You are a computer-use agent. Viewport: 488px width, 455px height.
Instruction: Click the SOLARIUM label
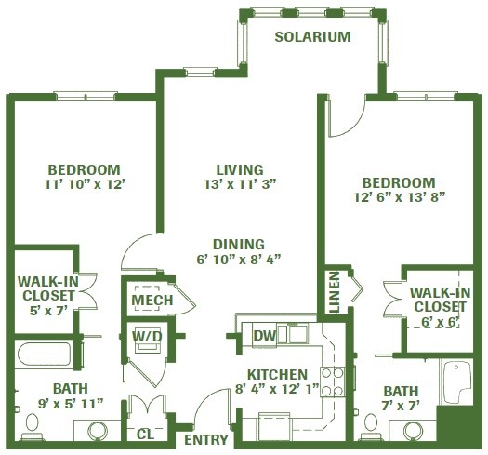click(x=312, y=37)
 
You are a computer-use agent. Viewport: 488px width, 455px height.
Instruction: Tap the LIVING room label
click(x=240, y=170)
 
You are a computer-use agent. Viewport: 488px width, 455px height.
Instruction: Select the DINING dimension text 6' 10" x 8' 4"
click(x=239, y=259)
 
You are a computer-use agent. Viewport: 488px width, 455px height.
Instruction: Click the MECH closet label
click(x=152, y=301)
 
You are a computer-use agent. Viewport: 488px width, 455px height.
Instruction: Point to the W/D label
click(x=147, y=336)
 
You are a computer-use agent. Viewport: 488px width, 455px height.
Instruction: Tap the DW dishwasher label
click(x=265, y=336)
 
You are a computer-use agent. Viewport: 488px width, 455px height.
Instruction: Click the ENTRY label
click(x=206, y=440)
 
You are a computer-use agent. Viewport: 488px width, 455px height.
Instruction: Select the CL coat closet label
click(x=145, y=435)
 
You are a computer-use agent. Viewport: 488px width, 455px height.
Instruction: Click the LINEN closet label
click(x=335, y=292)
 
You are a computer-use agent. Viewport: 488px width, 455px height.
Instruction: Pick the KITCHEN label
click(x=277, y=374)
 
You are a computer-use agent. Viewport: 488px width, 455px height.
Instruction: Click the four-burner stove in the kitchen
click(x=333, y=381)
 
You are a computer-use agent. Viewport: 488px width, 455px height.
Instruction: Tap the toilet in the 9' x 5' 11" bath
click(x=32, y=427)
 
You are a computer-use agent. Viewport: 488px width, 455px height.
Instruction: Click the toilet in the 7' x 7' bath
click(x=370, y=427)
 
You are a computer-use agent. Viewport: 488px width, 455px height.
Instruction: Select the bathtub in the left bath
click(x=45, y=355)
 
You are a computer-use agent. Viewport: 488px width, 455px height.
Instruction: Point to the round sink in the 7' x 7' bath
click(x=414, y=431)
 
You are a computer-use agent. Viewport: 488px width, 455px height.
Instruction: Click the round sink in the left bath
click(x=98, y=432)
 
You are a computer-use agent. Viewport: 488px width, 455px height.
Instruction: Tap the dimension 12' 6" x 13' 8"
click(x=400, y=197)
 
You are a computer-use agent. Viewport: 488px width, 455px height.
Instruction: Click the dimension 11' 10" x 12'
click(x=85, y=184)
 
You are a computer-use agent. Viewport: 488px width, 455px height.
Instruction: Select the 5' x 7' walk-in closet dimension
click(x=48, y=311)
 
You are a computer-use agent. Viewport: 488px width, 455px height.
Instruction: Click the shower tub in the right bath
click(x=456, y=381)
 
